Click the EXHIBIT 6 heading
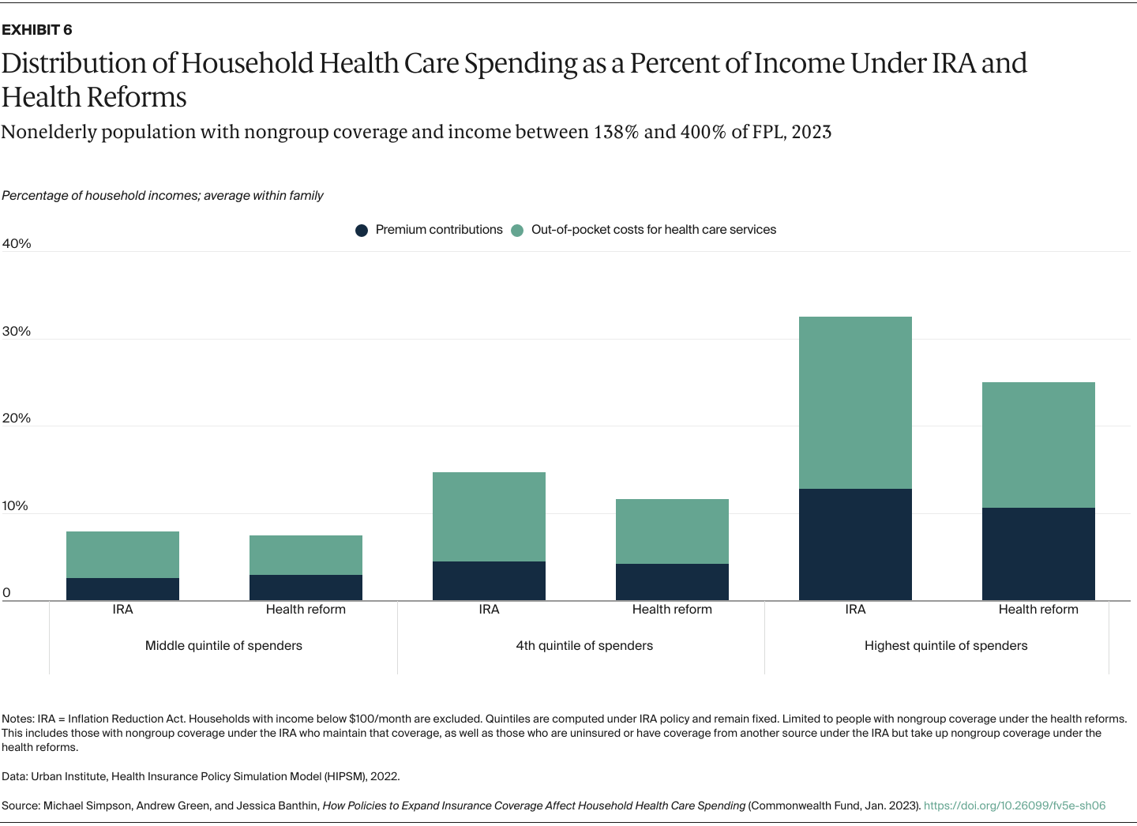37,30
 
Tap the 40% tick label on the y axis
17,244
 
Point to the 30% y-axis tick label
17,332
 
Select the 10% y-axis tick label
15,506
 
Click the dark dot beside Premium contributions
362,231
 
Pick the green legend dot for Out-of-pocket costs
517,231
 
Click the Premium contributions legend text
439,230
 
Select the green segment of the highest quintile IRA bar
855,403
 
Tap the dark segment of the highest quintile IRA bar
855,545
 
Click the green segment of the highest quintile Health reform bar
1038,445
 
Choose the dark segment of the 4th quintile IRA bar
489,581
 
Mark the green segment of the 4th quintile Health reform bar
672,531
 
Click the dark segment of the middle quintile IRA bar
122,589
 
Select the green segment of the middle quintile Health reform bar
306,555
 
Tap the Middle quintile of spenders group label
223,646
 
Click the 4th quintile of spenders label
584,646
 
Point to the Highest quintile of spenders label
946,646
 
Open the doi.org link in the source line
1015,806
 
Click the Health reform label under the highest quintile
1038,610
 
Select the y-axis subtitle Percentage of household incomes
163,196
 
